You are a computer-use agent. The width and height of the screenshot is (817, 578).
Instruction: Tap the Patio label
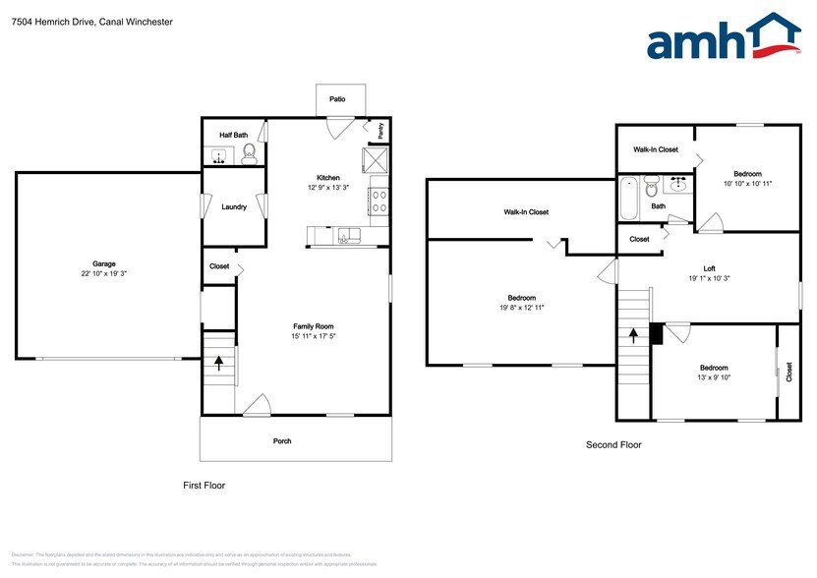tap(337, 99)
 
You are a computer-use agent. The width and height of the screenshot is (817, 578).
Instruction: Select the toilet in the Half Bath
tap(250, 152)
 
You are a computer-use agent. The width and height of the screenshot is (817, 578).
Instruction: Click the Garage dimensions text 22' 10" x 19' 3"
tap(104, 273)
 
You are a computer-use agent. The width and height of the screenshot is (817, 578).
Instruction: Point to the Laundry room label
tap(234, 206)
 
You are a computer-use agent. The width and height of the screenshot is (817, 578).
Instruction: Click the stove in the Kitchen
tap(379, 202)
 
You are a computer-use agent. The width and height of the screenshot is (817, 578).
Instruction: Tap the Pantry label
tap(380, 128)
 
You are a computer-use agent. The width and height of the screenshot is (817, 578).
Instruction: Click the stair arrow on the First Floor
tap(218, 360)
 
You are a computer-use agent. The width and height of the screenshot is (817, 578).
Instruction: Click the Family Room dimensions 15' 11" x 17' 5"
tap(314, 337)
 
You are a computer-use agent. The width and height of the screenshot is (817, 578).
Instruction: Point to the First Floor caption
tap(204, 486)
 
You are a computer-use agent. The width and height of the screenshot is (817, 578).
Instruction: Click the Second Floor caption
tap(613, 444)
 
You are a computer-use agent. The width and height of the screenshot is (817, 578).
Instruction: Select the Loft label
tap(709, 267)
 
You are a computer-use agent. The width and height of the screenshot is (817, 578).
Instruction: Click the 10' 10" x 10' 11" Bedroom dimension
tap(748, 183)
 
